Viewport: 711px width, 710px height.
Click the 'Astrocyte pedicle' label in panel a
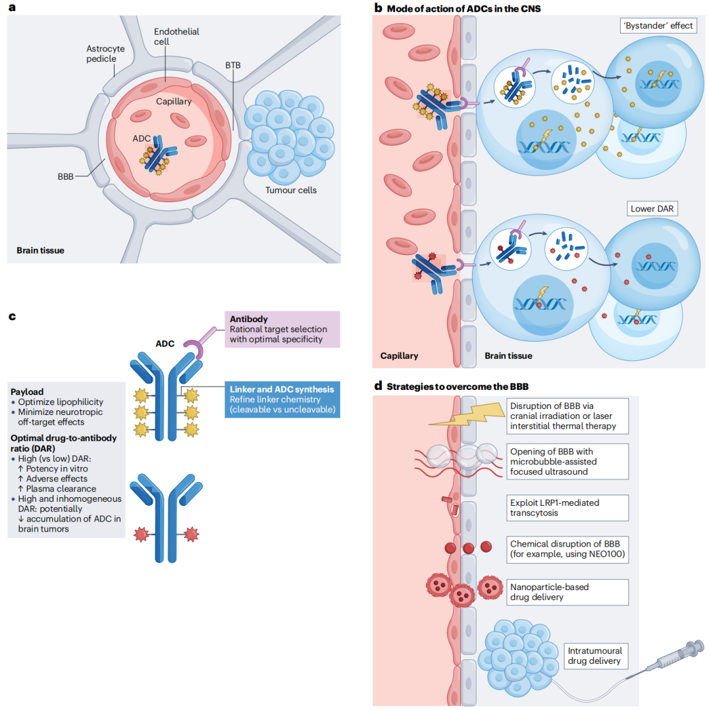click(x=101, y=53)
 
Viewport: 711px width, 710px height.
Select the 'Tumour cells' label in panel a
click(x=290, y=190)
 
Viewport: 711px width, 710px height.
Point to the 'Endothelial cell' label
click(x=176, y=36)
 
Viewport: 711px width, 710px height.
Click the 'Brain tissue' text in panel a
click(x=40, y=250)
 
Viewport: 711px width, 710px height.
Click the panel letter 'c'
click(x=11, y=317)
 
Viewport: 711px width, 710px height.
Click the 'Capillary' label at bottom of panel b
click(x=399, y=356)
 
